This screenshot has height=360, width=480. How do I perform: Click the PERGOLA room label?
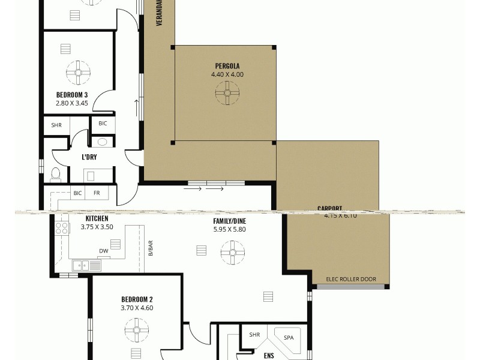pos(227,66)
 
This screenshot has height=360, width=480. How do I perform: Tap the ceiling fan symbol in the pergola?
pos(227,92)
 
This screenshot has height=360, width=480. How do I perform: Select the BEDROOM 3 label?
pos(72,95)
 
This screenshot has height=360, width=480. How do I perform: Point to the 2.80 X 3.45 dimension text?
pos(72,103)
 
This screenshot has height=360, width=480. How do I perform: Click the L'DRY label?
pos(89,157)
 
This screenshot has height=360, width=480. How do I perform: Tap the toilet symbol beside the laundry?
pos(56,174)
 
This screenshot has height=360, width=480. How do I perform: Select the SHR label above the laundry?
pos(56,125)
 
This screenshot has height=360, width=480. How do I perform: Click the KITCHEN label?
pos(97,219)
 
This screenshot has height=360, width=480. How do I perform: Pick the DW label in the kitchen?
pos(103,251)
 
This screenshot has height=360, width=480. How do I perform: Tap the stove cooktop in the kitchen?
pos(61,228)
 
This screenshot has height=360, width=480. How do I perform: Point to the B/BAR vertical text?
pos(151,248)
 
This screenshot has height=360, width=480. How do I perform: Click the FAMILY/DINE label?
pos(229,220)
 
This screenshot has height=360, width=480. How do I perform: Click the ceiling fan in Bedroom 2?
pos(137,330)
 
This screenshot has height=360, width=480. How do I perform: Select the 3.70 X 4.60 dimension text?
pos(137,308)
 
